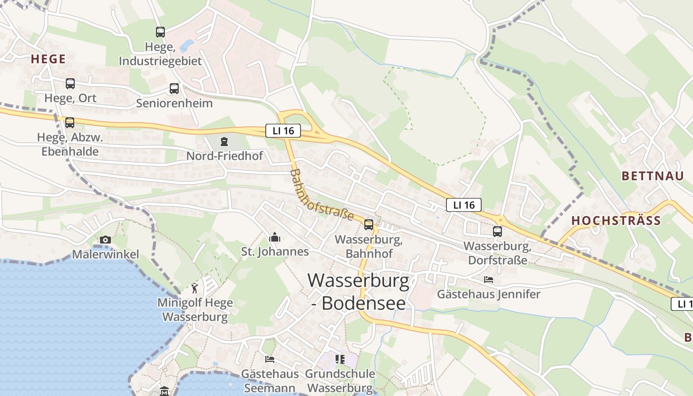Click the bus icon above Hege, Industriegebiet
160,32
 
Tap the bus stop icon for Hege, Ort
70,83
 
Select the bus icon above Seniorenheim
174,89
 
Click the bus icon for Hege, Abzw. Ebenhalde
70,122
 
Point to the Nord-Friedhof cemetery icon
224,142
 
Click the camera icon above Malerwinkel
105,240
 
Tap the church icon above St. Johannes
275,238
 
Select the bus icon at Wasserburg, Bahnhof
369,225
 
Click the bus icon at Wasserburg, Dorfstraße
497,231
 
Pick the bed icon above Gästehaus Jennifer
489,280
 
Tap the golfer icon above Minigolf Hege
195,288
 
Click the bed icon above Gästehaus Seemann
270,359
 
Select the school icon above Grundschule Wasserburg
340,359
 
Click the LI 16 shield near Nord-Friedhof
283,131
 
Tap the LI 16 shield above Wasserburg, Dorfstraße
463,205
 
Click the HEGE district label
48,59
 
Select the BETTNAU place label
652,176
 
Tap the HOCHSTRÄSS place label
616,221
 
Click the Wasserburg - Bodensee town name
358,292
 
